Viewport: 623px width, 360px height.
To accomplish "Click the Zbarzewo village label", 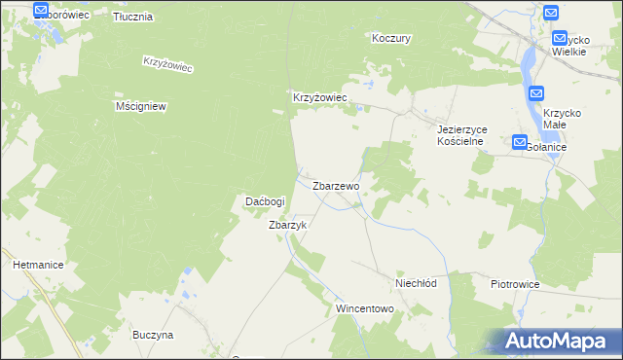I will pyautogui.click(x=336, y=185).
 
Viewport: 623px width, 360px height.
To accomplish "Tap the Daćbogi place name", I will pyautogui.click(x=264, y=201).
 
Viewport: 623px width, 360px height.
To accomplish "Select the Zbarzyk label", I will pyautogui.click(x=287, y=225).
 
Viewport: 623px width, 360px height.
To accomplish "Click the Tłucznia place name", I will pyautogui.click(x=132, y=18).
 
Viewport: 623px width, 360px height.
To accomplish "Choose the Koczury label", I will pyautogui.click(x=392, y=39).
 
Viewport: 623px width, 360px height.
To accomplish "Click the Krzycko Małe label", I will pyautogui.click(x=562, y=119).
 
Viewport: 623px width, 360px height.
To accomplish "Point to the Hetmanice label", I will pyautogui.click(x=38, y=264).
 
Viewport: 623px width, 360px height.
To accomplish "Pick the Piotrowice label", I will pyautogui.click(x=515, y=284).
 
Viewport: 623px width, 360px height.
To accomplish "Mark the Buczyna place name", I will pyautogui.click(x=153, y=335).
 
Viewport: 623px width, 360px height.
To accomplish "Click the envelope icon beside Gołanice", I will pyautogui.click(x=519, y=142).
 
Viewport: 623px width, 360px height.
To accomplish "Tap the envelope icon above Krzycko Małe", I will pyautogui.click(x=537, y=93).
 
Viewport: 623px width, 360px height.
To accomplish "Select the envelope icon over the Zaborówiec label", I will pyautogui.click(x=41, y=11).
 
